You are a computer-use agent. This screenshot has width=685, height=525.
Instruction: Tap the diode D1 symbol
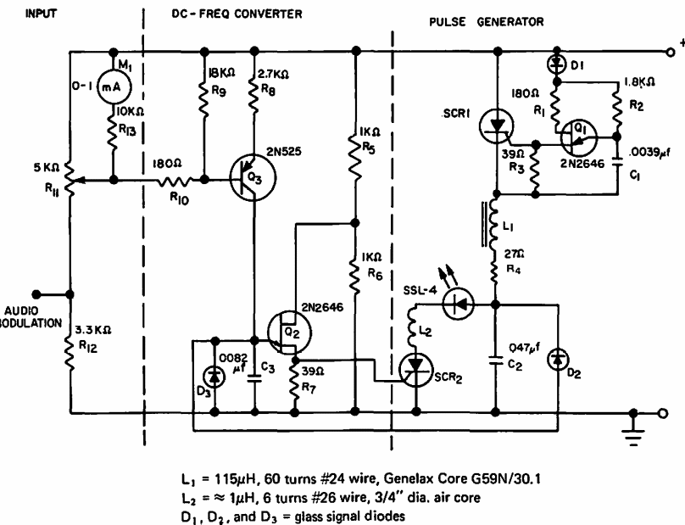pyautogui.click(x=557, y=65)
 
